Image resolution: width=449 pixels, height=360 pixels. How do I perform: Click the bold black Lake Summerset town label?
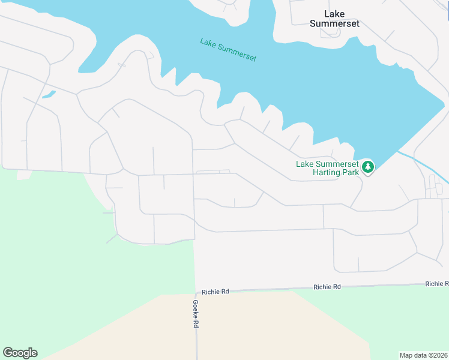coord(334,19)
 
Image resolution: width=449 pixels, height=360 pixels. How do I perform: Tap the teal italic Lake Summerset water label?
coord(228,49)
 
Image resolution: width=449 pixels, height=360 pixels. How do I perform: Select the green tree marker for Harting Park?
coord(367,167)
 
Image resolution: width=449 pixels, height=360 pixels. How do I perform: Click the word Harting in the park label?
coord(328,172)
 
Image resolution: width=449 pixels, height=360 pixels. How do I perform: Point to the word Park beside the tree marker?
coord(351,172)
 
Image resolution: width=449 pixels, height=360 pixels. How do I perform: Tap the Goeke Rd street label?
coord(195,313)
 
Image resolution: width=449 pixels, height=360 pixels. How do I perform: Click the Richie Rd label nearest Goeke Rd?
coord(215,292)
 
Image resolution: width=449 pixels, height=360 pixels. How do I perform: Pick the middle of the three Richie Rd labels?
coord(327,287)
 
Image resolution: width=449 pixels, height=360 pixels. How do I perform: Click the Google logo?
coord(20,353)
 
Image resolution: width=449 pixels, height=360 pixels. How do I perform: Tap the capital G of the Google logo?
coord(8,353)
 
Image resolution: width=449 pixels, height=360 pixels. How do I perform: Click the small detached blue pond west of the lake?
coord(49,94)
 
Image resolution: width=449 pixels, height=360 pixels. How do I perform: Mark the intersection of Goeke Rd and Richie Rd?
coord(196,293)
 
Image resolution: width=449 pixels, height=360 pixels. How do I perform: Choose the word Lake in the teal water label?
coord(208,43)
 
